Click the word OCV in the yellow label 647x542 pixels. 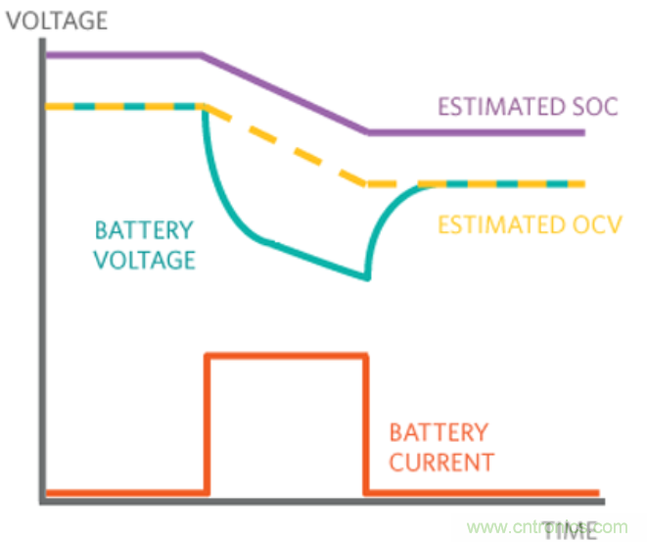598,224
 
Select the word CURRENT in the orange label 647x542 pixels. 441,461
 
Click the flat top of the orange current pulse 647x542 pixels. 286,356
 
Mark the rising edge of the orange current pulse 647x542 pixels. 206,421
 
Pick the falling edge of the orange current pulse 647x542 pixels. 367,421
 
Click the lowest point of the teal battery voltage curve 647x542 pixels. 367,278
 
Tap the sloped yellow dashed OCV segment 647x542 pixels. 284,144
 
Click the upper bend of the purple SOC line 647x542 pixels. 203,55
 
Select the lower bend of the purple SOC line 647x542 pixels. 368,131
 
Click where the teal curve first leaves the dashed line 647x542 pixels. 203,108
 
